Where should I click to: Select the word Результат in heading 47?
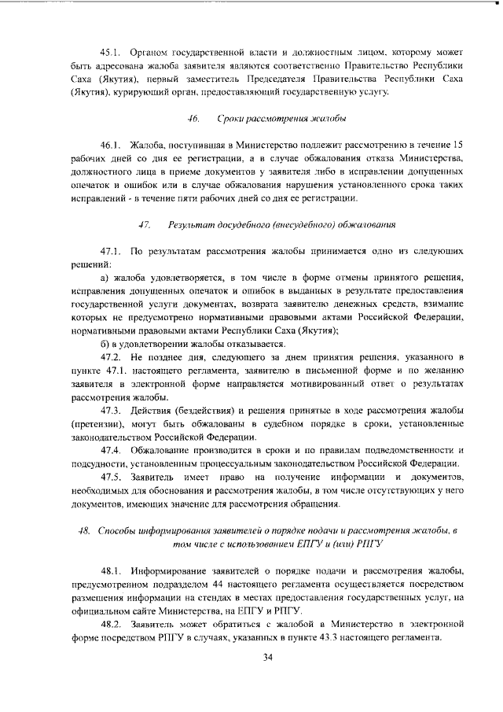pos(192,225)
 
